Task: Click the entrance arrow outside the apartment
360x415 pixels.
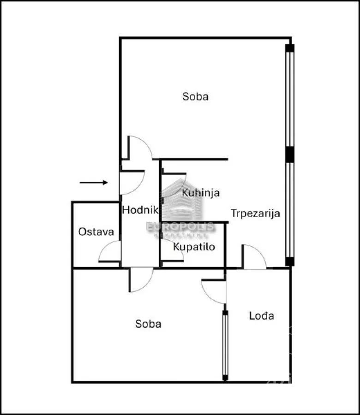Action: point(94,182)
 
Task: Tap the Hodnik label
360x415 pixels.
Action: point(140,210)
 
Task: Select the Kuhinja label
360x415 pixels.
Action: point(201,193)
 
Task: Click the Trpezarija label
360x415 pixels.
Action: point(255,213)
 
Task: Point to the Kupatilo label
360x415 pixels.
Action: point(194,247)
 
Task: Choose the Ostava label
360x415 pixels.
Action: point(96,232)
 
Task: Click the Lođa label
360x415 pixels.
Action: point(261,316)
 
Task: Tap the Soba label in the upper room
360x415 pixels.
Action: point(195,96)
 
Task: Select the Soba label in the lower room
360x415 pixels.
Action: point(148,324)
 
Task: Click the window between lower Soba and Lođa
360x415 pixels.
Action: point(225,345)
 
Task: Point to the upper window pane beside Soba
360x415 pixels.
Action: point(290,99)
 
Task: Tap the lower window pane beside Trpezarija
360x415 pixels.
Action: point(290,210)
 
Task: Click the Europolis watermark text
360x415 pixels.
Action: point(180,227)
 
